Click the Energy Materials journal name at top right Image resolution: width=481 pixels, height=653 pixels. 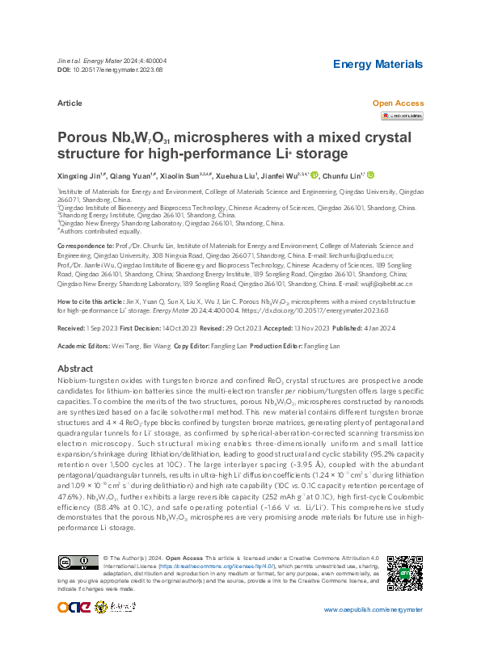tap(378, 64)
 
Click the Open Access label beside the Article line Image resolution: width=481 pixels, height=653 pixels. tap(397, 103)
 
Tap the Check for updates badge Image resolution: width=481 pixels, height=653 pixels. tap(402, 116)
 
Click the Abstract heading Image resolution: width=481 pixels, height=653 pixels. tap(75, 367)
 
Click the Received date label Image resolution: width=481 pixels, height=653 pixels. tap(72, 329)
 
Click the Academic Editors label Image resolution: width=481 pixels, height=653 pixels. tap(85, 346)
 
